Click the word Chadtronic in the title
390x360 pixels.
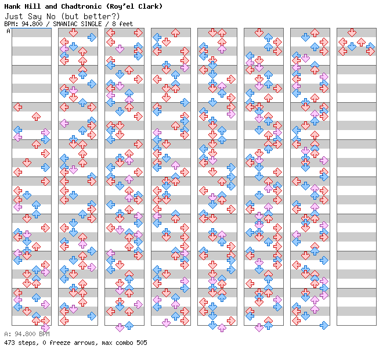pos(81,6)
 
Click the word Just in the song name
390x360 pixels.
pos(14,16)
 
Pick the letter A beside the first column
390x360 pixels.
pos(9,31)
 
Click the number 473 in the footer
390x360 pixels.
pos(9,343)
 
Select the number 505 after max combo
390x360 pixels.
pos(142,343)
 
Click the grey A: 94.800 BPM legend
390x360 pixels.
pos(27,334)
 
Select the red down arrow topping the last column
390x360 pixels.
pos(352,33)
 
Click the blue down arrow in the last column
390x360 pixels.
pos(352,46)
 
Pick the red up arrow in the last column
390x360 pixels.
pos(361,42)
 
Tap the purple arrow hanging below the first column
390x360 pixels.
pos(45,327)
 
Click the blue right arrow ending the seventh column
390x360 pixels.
pos(324,325)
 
